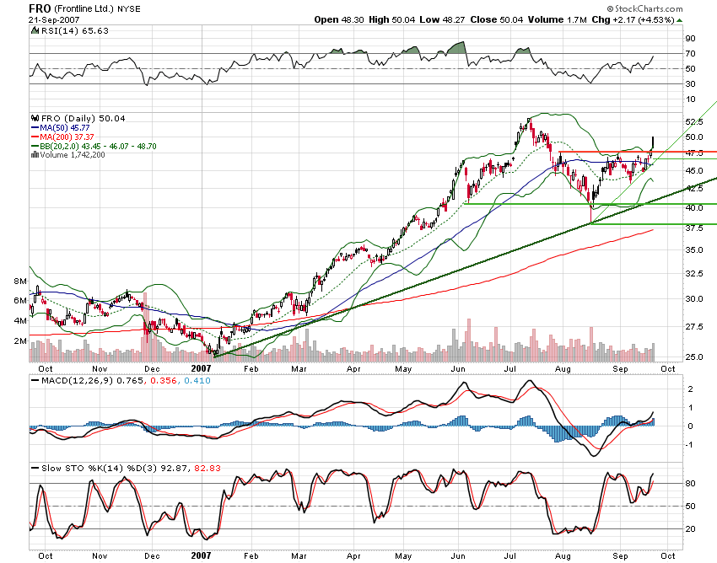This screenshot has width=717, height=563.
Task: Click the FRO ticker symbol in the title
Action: click(38, 8)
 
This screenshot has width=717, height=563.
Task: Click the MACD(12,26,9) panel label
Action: click(78, 382)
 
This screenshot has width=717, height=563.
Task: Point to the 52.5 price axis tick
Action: click(693, 121)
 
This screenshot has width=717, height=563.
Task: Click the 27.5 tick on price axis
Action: click(693, 326)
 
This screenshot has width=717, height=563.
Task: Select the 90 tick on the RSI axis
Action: click(689, 39)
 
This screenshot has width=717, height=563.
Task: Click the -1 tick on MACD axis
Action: click(688, 444)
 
